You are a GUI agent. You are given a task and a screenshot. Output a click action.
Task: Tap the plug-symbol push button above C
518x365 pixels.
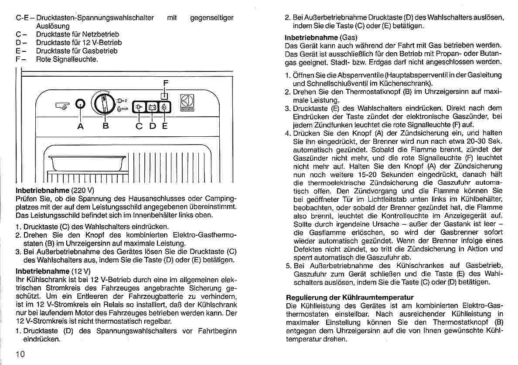coord(139,107)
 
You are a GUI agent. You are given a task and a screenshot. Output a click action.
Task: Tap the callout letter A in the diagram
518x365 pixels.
coord(80,126)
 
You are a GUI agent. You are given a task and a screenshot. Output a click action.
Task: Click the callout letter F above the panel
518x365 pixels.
coord(165,83)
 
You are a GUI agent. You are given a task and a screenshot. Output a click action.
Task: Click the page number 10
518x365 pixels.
coord(20,353)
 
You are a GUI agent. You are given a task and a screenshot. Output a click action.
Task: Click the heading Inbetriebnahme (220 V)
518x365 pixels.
coord(55,191)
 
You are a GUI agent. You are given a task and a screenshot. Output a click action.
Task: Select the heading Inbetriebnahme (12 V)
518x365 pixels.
coord(53,271)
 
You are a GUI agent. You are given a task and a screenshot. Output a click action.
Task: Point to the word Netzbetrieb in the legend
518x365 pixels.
coord(101,34)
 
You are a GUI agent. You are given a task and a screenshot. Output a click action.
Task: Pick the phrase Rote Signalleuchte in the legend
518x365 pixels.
coord(67,59)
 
